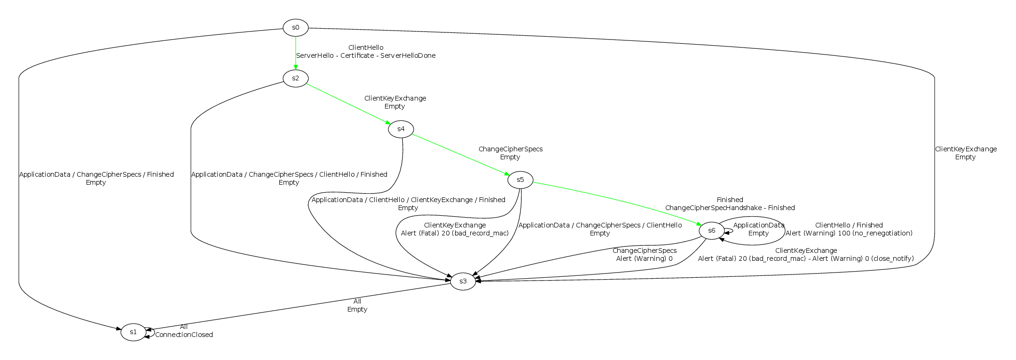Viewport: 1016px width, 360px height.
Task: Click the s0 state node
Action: (x=295, y=27)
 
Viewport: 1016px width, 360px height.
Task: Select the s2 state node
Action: (x=295, y=78)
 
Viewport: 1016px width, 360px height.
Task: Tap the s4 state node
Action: (x=401, y=129)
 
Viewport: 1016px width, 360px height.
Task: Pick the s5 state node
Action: (x=520, y=180)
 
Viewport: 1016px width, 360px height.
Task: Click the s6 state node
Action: (x=711, y=230)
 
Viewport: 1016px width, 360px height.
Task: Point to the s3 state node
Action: (x=463, y=281)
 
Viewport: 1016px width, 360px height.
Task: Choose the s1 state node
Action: (x=133, y=332)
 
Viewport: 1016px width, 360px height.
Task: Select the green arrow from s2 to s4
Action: (x=348, y=103)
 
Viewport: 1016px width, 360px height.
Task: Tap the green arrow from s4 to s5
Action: (x=461, y=154)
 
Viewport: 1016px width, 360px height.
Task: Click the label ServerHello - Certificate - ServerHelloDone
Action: (x=366, y=55)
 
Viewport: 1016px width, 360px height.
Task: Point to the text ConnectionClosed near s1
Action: (x=184, y=335)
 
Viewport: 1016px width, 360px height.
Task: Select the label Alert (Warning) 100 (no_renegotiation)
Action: (x=849, y=233)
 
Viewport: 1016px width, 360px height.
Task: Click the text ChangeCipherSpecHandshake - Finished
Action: (x=730, y=208)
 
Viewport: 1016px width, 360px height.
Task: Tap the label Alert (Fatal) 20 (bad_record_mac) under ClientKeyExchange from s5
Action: (x=455, y=233)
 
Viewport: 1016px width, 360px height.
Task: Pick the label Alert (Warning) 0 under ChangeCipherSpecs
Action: (x=644, y=258)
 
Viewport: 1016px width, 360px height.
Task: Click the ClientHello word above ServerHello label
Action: (x=366, y=47)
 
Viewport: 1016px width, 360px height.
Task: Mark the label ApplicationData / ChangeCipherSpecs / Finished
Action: (x=96, y=174)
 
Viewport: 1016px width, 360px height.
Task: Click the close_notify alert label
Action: (x=806, y=258)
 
